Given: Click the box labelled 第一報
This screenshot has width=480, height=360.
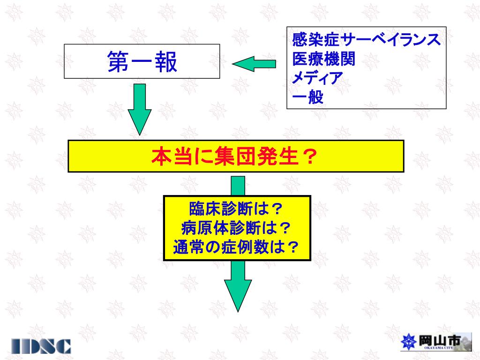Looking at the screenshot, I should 142,61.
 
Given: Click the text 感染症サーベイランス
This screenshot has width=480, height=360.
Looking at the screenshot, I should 366,39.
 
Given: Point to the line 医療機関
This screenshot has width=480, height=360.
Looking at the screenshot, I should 323,59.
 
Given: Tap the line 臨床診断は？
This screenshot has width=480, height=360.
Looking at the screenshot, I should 237,208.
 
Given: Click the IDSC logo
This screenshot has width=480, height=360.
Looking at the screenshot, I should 42,345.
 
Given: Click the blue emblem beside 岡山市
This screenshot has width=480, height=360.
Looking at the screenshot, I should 409,342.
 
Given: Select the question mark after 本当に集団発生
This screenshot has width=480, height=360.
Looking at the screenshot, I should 308,157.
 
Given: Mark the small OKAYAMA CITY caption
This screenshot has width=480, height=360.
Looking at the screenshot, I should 439,349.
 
